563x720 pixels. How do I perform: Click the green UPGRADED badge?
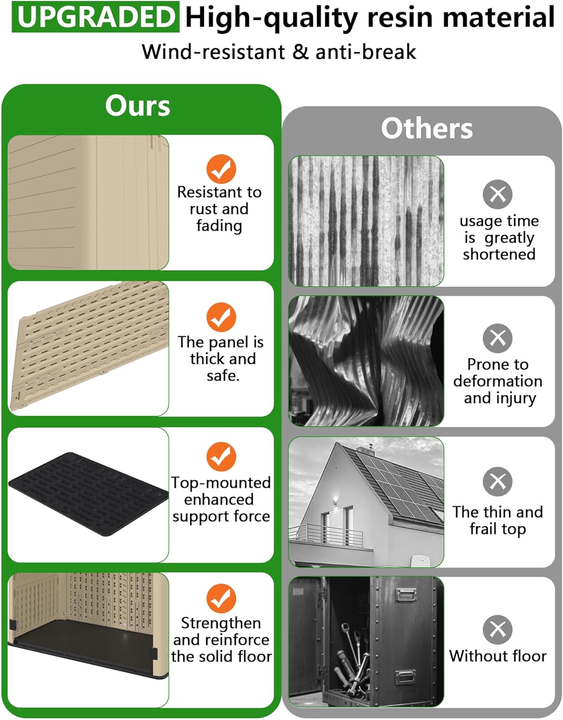(96, 17)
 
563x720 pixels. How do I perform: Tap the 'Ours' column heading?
(137, 106)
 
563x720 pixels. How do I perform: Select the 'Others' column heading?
(427, 128)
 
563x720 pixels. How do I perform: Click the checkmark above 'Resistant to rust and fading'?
(221, 169)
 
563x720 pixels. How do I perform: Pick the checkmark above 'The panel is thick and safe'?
(221, 317)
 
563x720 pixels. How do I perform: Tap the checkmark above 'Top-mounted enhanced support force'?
(221, 456)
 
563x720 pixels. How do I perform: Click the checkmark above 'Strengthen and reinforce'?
(221, 599)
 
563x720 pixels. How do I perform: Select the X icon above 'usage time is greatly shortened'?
(497, 194)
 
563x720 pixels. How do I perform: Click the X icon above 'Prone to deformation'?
(497, 338)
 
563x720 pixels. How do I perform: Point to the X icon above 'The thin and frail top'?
(497, 481)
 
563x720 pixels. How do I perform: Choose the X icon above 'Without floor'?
(497, 630)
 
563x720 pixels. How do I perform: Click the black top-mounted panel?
(88, 494)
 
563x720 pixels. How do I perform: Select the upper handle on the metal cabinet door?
(406, 595)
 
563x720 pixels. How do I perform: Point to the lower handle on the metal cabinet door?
(405, 676)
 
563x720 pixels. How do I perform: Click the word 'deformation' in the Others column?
(498, 381)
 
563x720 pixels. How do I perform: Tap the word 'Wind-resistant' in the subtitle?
(213, 52)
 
